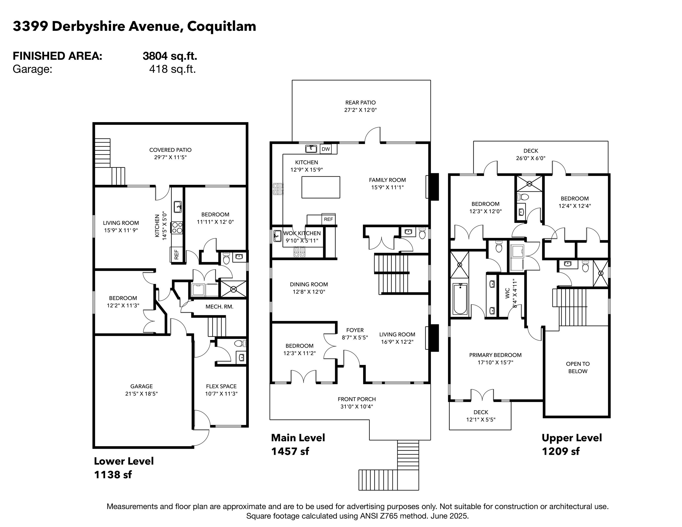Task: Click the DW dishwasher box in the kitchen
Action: tap(326, 149)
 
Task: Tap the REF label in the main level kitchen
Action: tap(328, 219)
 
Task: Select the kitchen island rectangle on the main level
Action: tap(321, 187)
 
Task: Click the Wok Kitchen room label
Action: tap(302, 233)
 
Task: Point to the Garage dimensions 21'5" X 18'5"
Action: tap(141, 394)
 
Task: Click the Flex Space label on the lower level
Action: tap(221, 386)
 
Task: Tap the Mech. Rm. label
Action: tap(219, 307)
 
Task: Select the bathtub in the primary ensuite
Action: tap(460, 298)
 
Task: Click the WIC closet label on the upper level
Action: tap(507, 293)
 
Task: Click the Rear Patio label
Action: tap(360, 102)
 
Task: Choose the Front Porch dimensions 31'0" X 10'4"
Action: tap(357, 406)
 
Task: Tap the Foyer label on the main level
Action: tap(355, 330)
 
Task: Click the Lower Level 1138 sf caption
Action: tap(124, 468)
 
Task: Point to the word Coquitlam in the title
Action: tap(221, 27)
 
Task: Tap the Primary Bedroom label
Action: tap(495, 355)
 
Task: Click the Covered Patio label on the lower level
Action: tap(170, 150)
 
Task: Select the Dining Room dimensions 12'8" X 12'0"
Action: tap(309, 292)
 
